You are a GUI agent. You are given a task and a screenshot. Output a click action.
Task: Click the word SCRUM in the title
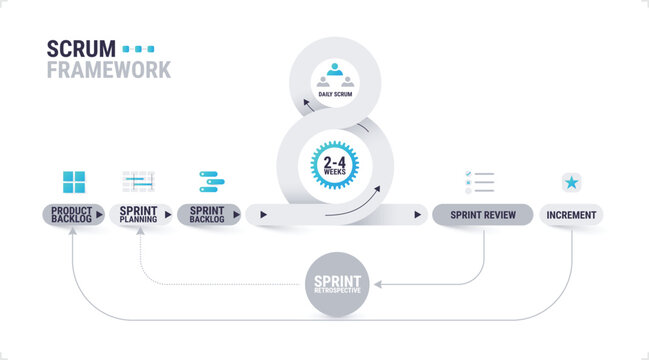(81, 49)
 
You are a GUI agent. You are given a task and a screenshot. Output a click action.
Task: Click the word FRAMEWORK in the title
(108, 70)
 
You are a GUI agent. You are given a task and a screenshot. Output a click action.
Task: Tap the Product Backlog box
(71, 214)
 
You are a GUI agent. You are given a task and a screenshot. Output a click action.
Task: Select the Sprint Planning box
(138, 214)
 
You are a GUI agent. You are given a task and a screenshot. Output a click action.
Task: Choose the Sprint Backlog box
(206, 214)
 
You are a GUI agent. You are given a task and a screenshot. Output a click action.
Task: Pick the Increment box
(571, 214)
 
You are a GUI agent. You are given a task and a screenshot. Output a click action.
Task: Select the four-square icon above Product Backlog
(74, 181)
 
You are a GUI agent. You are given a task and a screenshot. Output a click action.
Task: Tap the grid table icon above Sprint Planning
(138, 181)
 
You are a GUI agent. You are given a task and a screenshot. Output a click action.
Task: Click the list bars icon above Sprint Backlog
(211, 181)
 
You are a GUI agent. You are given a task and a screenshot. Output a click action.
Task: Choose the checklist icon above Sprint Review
(480, 182)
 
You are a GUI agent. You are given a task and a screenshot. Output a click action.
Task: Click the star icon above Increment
(571, 182)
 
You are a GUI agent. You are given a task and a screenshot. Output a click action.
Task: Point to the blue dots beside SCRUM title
(138, 48)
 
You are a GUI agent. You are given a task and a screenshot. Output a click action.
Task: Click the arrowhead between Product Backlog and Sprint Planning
(99, 214)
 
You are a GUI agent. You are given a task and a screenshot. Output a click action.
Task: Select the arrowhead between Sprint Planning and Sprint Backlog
(167, 214)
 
